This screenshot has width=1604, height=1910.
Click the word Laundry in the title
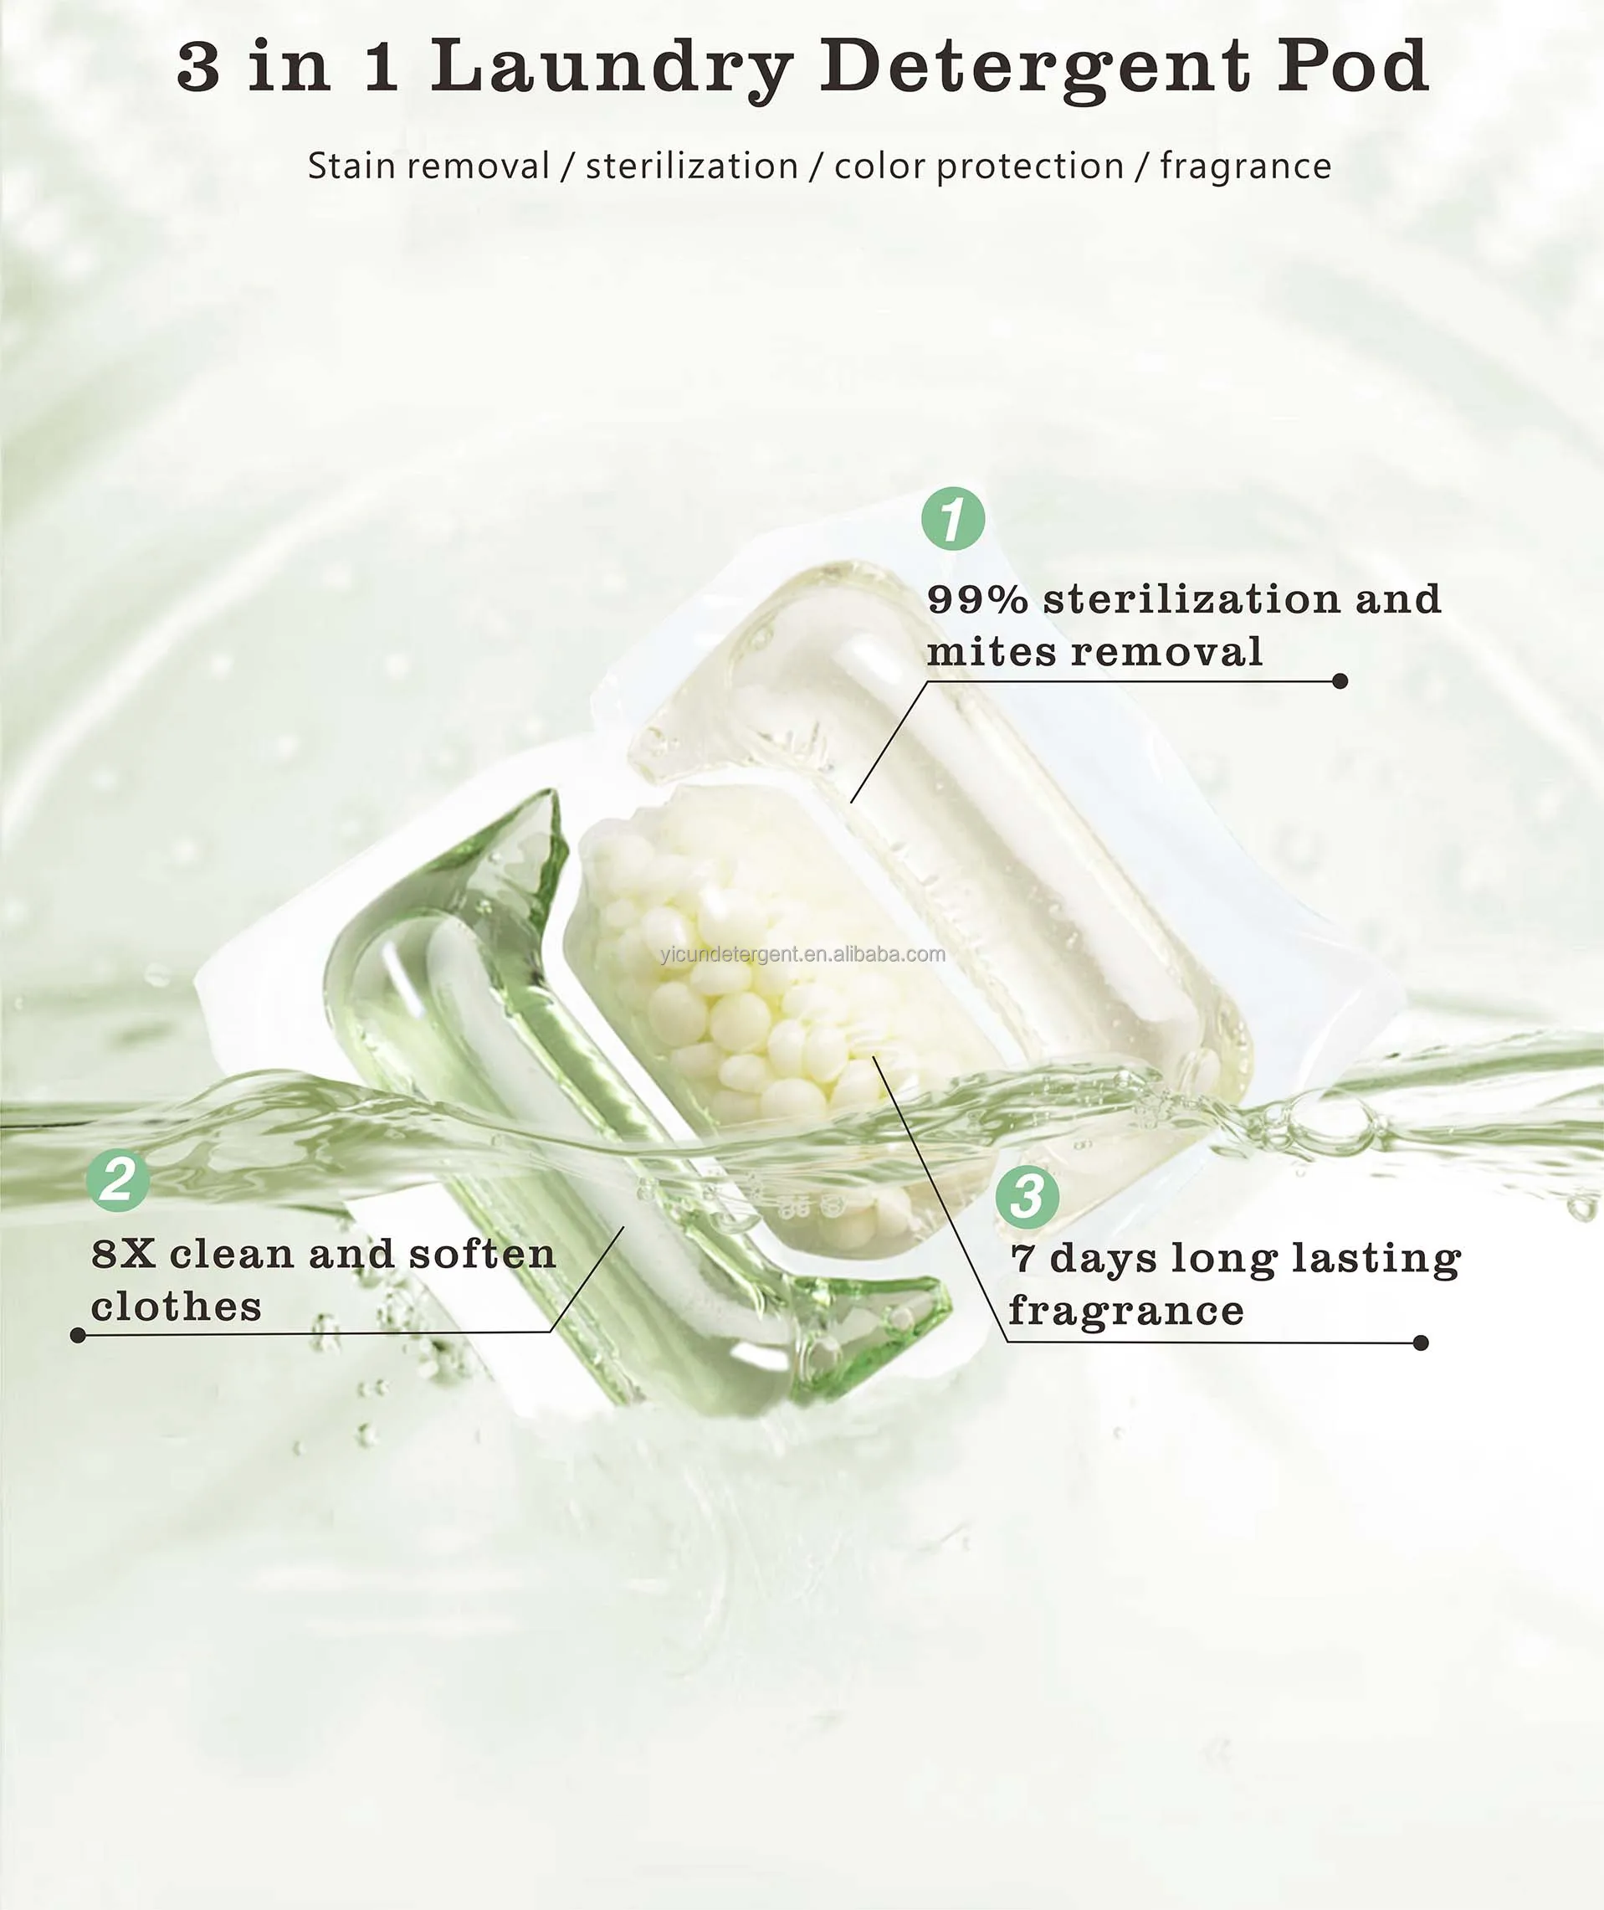coord(611,67)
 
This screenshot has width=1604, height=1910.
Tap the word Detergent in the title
coord(1035,67)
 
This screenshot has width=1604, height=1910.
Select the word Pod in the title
coord(1352,65)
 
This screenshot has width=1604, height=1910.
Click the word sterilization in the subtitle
coord(691,167)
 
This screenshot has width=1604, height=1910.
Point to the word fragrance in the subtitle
coord(1245,167)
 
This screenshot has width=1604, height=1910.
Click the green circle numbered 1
coord(953,518)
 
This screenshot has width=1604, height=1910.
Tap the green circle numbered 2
coord(118,1180)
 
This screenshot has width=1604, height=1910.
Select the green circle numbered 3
coord(1027,1196)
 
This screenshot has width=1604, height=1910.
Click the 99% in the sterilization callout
coord(977,599)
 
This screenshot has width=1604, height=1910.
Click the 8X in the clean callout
coord(123,1255)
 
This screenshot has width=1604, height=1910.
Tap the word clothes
coord(176,1308)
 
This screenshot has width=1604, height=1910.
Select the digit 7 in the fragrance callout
coord(1022,1259)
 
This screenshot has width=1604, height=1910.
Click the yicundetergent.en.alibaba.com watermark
coord(802,954)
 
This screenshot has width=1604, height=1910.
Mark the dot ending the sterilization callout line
coord(1340,681)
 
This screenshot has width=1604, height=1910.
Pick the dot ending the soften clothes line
coord(78,1335)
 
